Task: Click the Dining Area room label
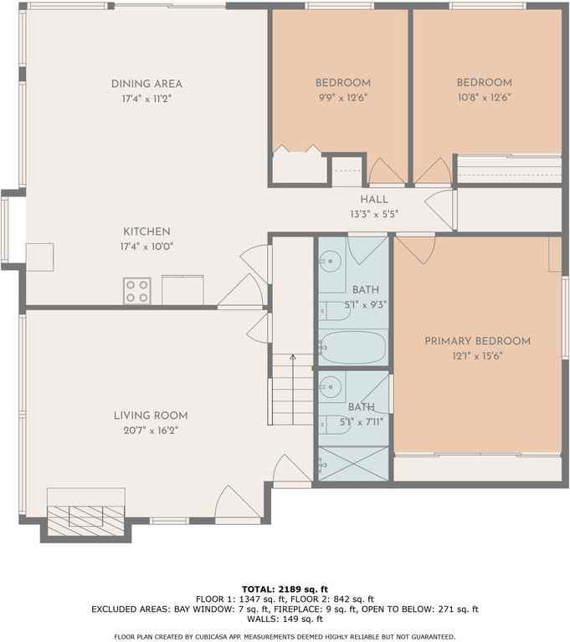(x=146, y=84)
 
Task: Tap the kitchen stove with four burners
(x=137, y=291)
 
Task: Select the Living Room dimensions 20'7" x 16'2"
(x=151, y=431)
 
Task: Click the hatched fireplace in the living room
(x=85, y=521)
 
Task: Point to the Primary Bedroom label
(x=477, y=341)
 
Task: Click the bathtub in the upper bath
(x=352, y=348)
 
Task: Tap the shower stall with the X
(x=353, y=463)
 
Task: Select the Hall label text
(x=374, y=200)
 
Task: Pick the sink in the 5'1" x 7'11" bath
(x=330, y=386)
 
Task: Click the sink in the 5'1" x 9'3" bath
(x=330, y=261)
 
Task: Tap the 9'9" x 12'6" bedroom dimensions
(x=343, y=98)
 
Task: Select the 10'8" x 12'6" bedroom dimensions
(x=484, y=98)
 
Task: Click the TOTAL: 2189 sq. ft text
(x=285, y=589)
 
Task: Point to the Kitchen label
(x=146, y=232)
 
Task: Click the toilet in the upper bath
(x=334, y=311)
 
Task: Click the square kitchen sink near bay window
(x=40, y=257)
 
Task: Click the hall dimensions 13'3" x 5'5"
(x=374, y=214)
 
